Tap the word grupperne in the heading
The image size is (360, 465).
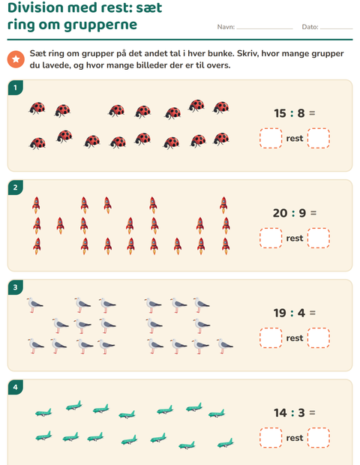100,25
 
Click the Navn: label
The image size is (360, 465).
226,27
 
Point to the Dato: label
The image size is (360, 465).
310,27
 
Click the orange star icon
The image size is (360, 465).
16,59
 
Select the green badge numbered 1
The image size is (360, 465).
16,88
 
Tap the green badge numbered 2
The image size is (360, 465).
16,187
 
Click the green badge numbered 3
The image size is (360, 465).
16,287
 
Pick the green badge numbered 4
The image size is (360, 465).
16,387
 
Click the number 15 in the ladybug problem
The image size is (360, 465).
280,113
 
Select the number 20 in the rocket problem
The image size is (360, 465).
280,213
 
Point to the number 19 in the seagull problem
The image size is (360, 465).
280,313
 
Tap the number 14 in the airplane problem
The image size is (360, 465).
280,412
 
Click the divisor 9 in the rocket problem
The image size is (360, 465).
302,213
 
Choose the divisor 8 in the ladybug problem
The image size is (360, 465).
301,113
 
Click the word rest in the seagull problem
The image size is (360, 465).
295,338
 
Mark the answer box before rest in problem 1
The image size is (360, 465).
271,138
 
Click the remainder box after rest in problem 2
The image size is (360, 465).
319,238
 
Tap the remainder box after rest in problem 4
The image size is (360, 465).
319,438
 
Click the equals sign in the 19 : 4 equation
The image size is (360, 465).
312,313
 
